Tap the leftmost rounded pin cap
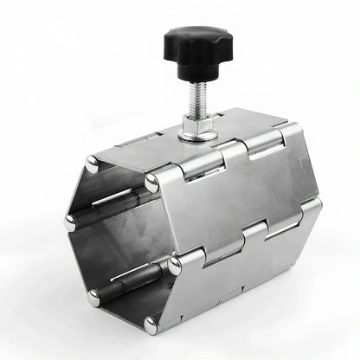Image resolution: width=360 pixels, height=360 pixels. tap(70, 222)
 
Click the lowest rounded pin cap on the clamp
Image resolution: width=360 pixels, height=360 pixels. tap(151, 324)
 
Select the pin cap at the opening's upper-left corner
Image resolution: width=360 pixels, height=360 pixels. tap(93, 162)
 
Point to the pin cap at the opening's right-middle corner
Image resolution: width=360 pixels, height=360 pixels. tap(175, 264)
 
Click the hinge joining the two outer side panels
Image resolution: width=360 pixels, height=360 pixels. tap(251, 231)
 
